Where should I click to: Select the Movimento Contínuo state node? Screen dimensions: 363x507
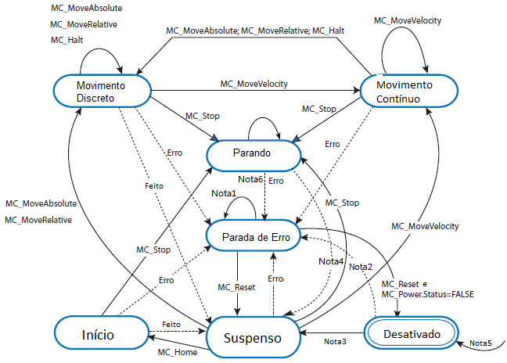404,91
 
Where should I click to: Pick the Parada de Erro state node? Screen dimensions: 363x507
253,235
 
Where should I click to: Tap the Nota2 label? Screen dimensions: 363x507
360,267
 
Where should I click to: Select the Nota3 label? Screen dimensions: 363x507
336,340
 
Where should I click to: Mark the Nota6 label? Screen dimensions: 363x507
251,180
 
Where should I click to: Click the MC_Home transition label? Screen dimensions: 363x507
177,352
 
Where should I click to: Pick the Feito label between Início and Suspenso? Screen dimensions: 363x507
172,323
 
